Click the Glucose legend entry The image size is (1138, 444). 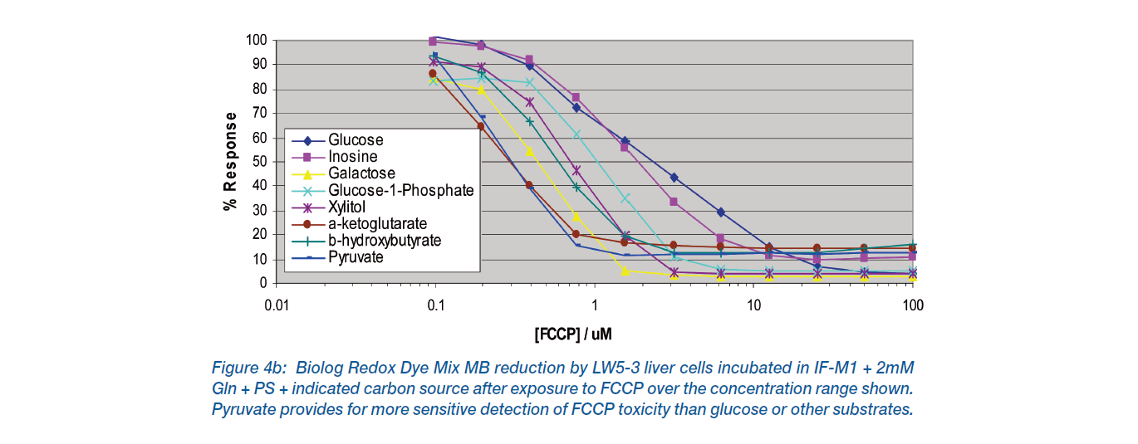(x=356, y=140)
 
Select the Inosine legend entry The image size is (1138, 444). (x=352, y=157)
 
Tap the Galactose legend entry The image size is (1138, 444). (x=361, y=173)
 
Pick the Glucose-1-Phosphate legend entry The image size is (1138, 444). (x=400, y=190)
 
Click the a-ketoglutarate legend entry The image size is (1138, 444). (x=377, y=223)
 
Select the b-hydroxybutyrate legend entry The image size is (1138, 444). (x=384, y=241)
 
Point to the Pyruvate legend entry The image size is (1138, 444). (x=356, y=257)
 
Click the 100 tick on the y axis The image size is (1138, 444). (x=255, y=41)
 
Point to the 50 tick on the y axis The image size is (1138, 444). (x=258, y=162)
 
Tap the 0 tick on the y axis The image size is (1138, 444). (x=262, y=283)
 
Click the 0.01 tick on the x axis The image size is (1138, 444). (x=276, y=305)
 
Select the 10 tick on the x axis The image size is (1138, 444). (x=753, y=305)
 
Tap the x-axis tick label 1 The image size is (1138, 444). (x=594, y=305)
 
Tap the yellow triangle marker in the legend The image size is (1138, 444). (x=307, y=173)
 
